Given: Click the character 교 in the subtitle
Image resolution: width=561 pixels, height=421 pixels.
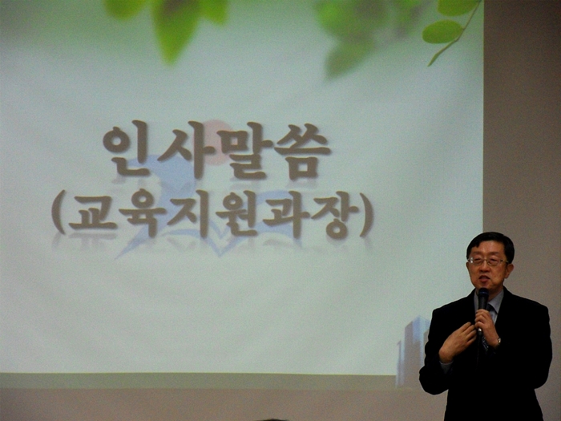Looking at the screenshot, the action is (x=92, y=213).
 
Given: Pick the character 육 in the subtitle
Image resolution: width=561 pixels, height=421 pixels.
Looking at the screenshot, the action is (x=143, y=214).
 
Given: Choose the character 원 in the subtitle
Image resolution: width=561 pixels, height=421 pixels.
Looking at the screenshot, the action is (x=237, y=214).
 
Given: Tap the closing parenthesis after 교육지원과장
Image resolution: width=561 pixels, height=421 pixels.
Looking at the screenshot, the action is (x=367, y=215).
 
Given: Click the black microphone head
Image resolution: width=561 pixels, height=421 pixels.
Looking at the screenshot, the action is (x=483, y=298).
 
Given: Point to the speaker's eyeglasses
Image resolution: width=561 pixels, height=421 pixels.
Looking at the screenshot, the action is (x=488, y=261).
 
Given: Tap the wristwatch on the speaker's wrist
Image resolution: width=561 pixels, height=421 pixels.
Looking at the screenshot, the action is (x=498, y=342).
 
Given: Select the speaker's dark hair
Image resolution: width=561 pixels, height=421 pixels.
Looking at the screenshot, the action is (x=490, y=244).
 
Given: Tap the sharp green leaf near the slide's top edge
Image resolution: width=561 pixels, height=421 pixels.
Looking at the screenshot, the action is (x=442, y=31).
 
